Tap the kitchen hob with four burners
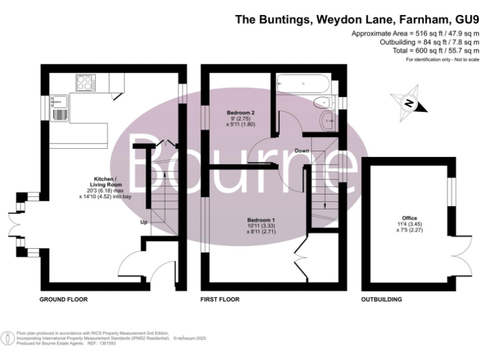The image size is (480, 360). coord(84,82)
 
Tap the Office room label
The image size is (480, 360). coord(409,219)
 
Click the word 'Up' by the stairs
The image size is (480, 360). coord(143,222)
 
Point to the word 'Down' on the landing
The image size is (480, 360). coord(302,151)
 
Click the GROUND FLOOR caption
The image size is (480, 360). coord(64,300)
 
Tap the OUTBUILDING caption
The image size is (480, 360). coord(381,300)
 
